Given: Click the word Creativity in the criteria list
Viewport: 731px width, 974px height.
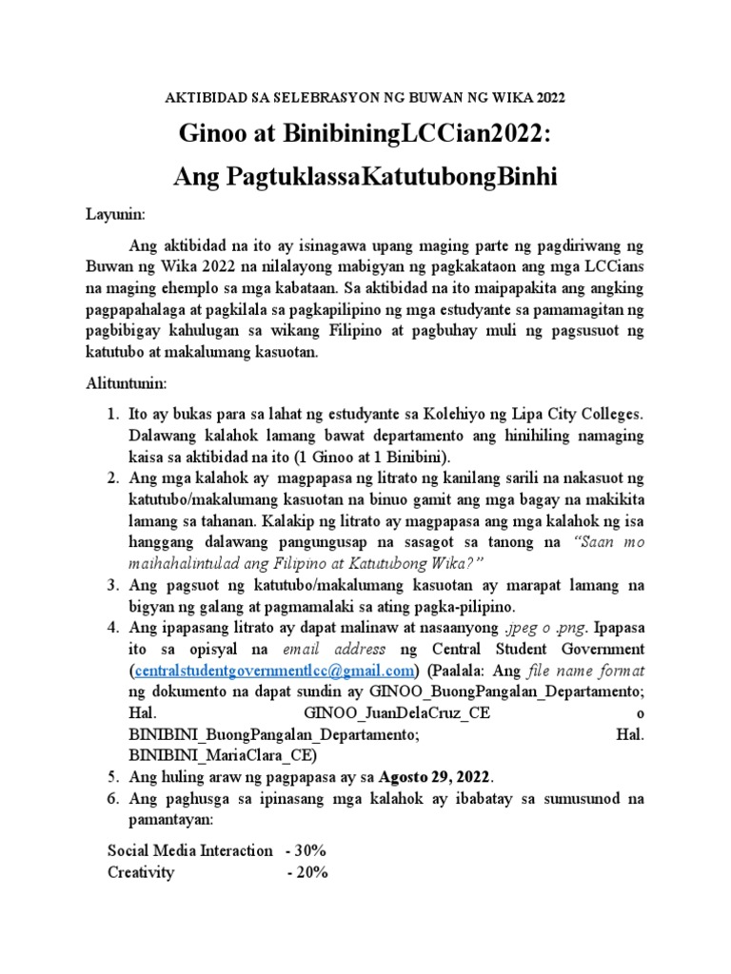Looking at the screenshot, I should pyautogui.click(x=141, y=872).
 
